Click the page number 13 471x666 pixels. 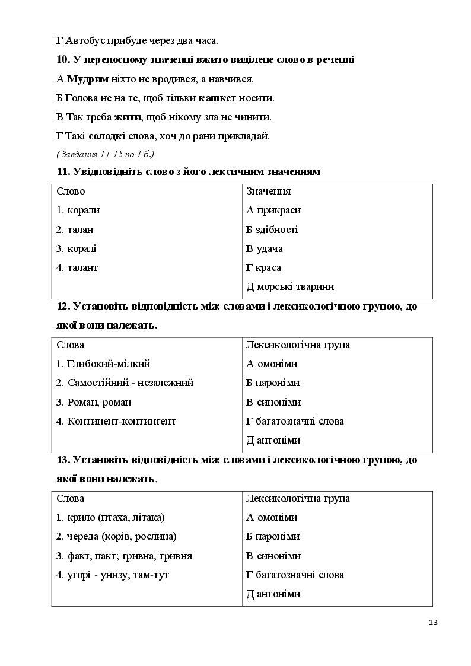point(432,622)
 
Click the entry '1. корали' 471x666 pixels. point(78,210)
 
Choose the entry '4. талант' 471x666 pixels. point(77,267)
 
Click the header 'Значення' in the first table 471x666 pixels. point(268,191)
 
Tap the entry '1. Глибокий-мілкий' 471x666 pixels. point(103,364)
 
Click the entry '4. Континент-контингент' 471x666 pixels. point(116,421)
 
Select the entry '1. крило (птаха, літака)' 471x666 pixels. point(110,517)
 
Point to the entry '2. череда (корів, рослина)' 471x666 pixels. point(116,536)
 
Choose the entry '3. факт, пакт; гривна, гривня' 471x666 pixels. point(124,556)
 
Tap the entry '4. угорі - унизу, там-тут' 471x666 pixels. point(113,575)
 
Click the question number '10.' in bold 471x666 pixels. point(63,59)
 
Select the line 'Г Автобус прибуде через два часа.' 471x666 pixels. point(137,41)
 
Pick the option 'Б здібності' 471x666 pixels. point(272,230)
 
